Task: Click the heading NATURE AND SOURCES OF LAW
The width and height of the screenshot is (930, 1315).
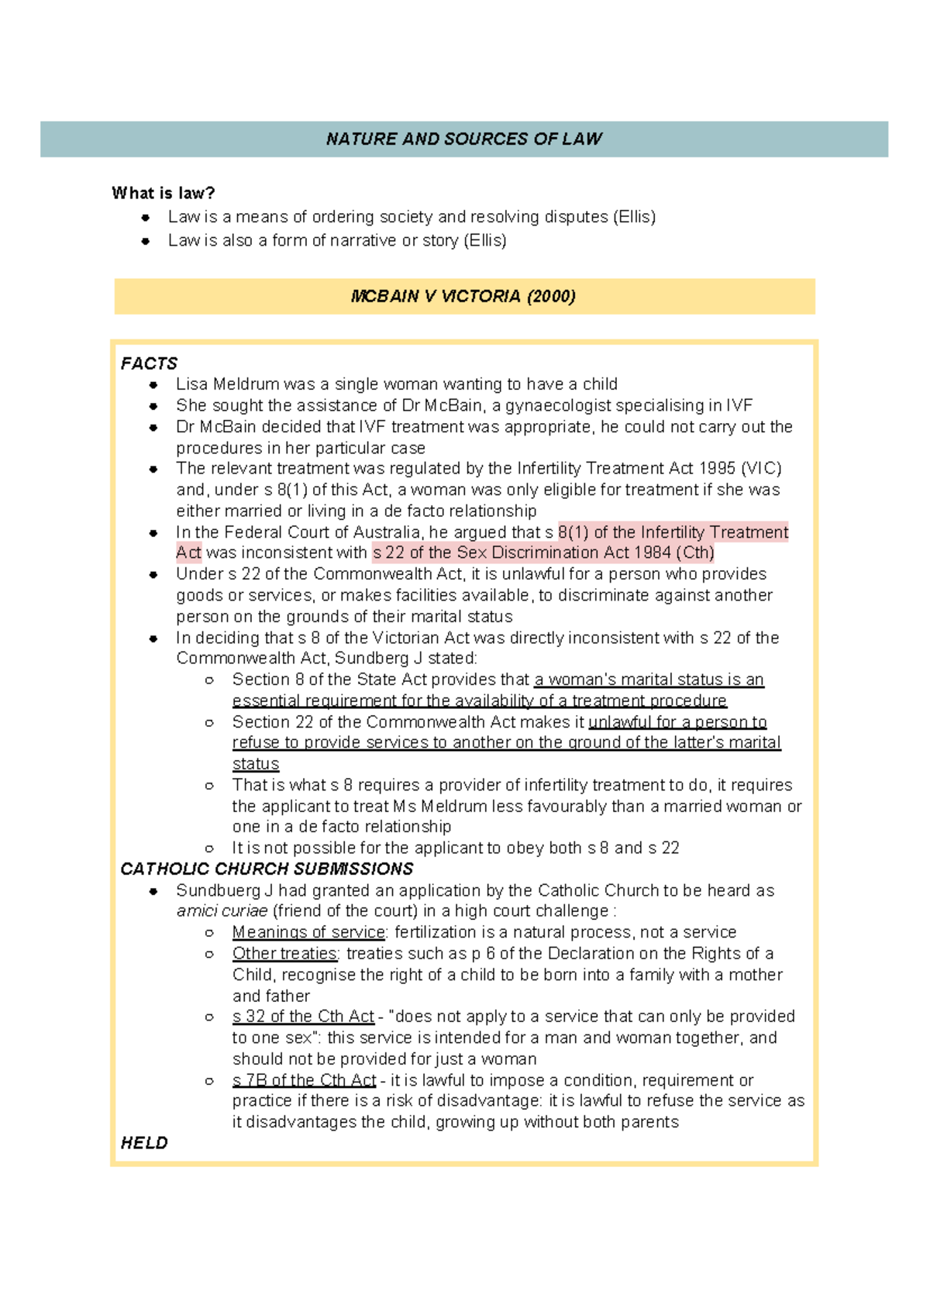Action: coord(463,139)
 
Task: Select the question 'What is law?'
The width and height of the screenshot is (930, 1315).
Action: coord(163,193)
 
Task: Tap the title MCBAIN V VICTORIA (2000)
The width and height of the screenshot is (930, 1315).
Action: coord(463,296)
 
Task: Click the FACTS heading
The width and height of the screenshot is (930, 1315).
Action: coord(149,363)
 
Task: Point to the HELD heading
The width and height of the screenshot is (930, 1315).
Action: coord(144,1143)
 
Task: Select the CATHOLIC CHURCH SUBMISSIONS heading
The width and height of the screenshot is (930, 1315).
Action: coord(267,869)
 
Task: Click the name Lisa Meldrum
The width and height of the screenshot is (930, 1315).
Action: coord(228,384)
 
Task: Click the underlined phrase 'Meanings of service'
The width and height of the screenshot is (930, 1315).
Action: coord(308,932)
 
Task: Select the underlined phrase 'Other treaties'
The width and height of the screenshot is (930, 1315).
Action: coord(284,953)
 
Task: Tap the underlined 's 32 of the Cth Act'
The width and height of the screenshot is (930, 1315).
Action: coord(303,1017)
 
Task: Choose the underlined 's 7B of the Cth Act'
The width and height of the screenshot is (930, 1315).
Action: coord(304,1080)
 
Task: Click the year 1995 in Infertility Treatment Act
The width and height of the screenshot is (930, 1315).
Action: coord(717,469)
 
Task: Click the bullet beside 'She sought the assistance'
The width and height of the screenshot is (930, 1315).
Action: coord(153,406)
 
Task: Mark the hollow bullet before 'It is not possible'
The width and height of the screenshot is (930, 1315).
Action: coord(209,849)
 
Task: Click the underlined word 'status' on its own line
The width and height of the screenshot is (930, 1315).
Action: coord(255,764)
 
